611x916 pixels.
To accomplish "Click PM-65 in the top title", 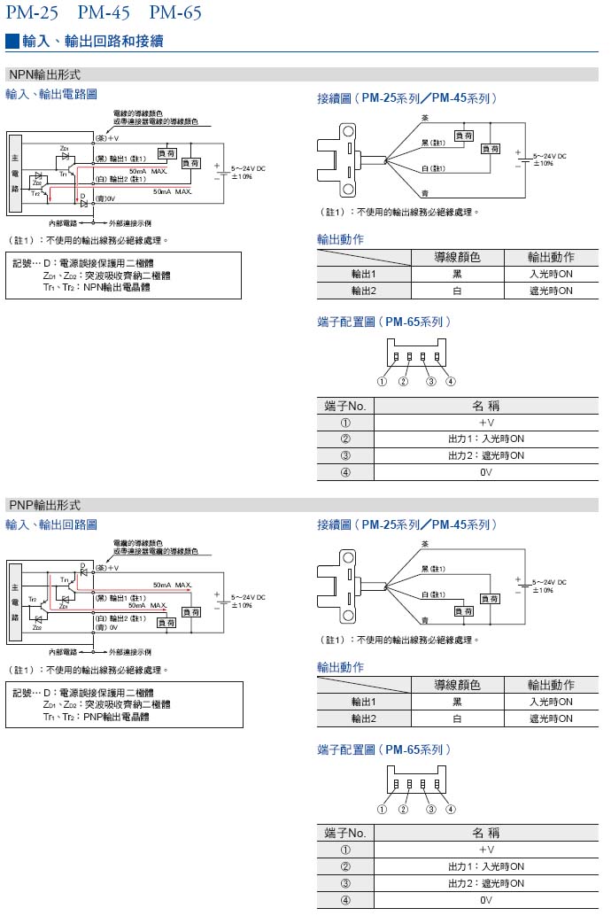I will tap(175, 12).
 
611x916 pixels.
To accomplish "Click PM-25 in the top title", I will tap(31, 12).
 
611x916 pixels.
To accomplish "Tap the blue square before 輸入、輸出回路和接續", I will tap(12, 41).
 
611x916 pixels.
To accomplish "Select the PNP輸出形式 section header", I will tap(44, 505).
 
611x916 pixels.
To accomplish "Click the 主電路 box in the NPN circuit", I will tap(15, 172).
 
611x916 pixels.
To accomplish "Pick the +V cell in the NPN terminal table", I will tap(485, 423).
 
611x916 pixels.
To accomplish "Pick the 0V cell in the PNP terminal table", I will tap(485, 899).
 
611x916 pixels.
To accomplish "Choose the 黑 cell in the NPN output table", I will tap(457, 274).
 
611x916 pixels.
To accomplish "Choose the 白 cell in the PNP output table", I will tap(457, 718).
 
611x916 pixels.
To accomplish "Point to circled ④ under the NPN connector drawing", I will tap(451, 382).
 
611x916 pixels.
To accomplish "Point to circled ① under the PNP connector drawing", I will tap(382, 809).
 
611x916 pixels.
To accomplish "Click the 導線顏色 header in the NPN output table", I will tap(457, 257).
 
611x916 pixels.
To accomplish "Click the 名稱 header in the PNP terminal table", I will tap(485, 833).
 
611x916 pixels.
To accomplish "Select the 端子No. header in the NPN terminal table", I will tap(345, 406).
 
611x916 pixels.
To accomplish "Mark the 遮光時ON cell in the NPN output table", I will tap(551, 291).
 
